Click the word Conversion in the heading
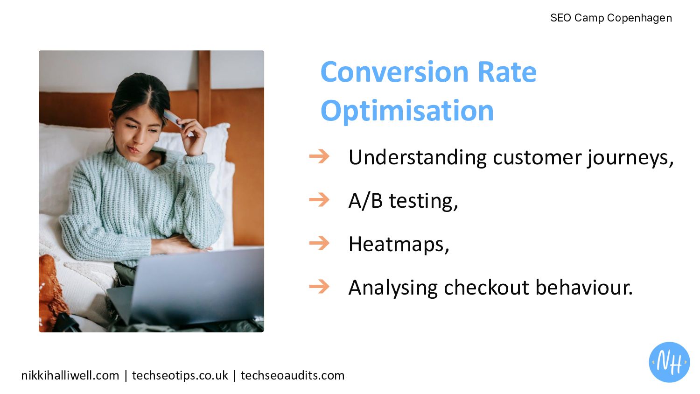[x=394, y=72]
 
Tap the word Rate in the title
[x=507, y=72]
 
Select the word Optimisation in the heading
[x=407, y=111]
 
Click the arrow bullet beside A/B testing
[x=319, y=200]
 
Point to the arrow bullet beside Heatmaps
[x=319, y=243]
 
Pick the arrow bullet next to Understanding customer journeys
[x=319, y=156]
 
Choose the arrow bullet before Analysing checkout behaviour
[x=319, y=287]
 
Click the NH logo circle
[x=669, y=362]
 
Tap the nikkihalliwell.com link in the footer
[x=70, y=375]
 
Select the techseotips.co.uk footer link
[x=180, y=376]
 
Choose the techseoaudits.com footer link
[x=292, y=375]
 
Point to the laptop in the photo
[x=190, y=288]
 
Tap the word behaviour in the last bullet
[x=584, y=288]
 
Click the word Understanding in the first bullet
[x=418, y=157]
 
